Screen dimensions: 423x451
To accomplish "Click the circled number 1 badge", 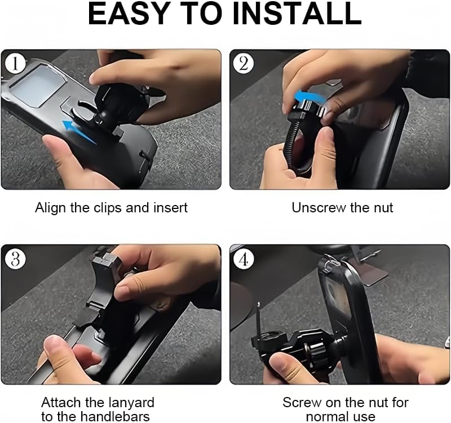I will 15,63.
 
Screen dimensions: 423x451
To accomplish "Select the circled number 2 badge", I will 243,63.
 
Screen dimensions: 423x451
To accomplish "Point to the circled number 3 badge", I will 15,259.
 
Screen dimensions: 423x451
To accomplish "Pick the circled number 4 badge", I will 243,259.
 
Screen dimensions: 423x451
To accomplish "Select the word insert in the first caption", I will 171,208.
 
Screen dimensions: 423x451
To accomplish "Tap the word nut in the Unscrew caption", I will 383,208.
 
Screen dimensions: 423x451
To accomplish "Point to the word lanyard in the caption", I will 132,403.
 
